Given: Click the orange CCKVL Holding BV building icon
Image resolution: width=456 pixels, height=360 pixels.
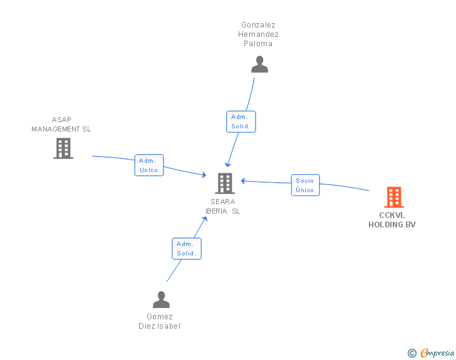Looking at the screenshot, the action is click(394, 197).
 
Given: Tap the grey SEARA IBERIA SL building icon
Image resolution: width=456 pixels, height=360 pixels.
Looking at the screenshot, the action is click(225, 183).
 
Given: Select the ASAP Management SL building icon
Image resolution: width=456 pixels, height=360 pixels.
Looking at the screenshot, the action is click(63, 148).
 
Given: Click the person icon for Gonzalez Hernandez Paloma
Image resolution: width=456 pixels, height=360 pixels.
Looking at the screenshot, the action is click(259, 64).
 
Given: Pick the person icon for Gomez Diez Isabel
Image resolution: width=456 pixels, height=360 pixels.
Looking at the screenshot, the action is click(161, 299).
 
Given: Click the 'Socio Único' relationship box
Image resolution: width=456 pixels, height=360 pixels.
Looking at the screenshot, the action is click(306, 185).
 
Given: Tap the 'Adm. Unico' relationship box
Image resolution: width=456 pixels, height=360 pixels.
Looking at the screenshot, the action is click(149, 165).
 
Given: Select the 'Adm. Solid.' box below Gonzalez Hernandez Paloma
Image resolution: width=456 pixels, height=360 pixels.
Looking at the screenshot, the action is click(241, 121).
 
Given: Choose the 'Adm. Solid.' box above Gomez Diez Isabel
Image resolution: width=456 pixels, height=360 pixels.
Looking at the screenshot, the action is click(187, 249).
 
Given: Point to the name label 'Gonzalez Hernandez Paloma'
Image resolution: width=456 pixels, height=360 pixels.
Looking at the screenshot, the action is click(258, 34).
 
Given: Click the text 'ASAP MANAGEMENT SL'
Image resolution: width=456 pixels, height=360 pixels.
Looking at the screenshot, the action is click(61, 124).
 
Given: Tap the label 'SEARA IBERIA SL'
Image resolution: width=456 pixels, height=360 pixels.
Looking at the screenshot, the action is click(223, 206).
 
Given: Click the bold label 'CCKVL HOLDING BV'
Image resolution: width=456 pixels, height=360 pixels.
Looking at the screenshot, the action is click(392, 220).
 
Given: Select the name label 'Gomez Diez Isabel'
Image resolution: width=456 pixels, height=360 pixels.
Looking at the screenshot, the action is click(159, 321).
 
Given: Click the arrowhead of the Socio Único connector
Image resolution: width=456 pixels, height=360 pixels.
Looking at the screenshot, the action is click(243, 181).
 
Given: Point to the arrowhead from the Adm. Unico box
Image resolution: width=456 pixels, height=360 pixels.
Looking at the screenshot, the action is click(204, 175).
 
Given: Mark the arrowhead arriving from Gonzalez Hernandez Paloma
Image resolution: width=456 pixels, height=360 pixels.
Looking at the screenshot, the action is click(228, 165).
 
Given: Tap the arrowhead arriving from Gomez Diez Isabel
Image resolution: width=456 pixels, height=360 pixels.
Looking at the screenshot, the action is click(205, 219).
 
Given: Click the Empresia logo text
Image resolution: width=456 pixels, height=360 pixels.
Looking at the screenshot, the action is click(437, 352).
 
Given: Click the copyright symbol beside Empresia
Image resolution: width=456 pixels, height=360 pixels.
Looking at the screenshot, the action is click(412, 353).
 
